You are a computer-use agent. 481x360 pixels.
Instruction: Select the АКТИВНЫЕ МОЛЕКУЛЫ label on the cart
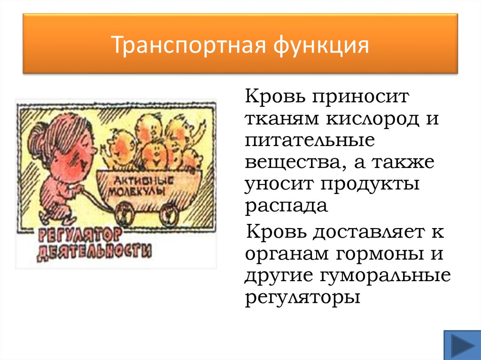(x=141, y=185)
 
